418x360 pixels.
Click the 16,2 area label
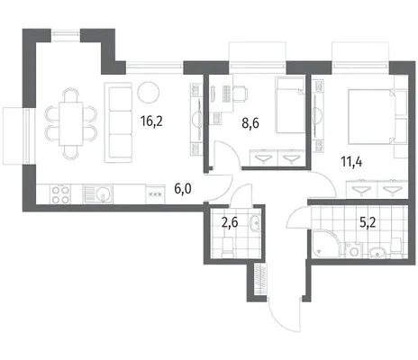coord(151,121)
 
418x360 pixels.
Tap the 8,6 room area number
coord(250,123)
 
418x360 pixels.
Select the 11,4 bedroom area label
coord(351,162)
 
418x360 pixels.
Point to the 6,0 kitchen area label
coord(183,189)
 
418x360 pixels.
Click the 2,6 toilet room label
coord(230,222)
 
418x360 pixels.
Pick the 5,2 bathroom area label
coord(368,222)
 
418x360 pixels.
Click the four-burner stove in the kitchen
coord(61,194)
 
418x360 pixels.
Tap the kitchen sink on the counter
coord(98,193)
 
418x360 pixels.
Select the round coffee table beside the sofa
coord(148,92)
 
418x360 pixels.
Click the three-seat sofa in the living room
coord(119,122)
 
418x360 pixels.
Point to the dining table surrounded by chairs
coord(71,123)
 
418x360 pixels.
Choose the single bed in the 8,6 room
coord(290,105)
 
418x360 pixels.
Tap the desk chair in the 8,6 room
coord(240,94)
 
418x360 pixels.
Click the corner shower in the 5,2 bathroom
coord(327,244)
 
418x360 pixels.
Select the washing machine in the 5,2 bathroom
coord(354,249)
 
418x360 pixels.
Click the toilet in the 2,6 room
coord(228,247)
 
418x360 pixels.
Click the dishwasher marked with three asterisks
coord(155,194)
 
